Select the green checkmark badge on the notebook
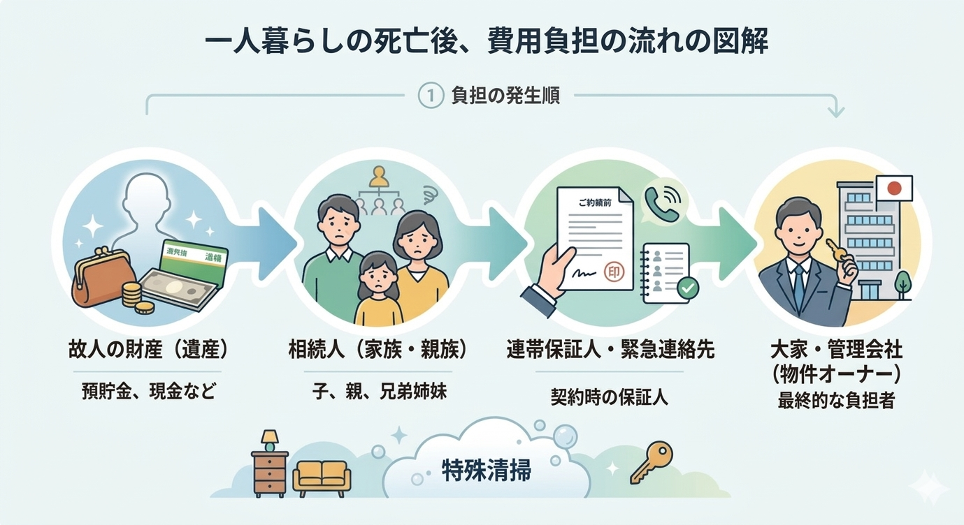(x=689, y=287)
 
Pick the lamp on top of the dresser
(x=269, y=440)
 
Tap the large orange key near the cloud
(x=651, y=463)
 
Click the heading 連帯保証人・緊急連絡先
(x=610, y=350)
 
